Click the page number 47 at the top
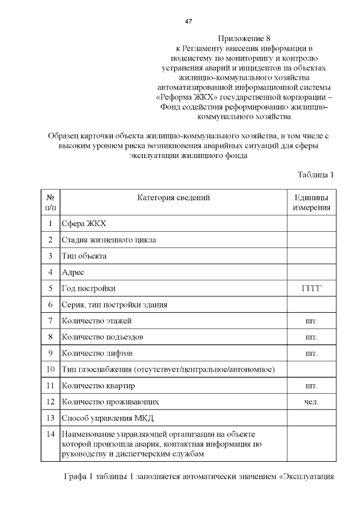click(x=189, y=21)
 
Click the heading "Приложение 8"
click(x=244, y=38)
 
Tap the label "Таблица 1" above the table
click(x=316, y=174)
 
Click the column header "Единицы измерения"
click(x=311, y=202)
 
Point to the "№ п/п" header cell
click(x=50, y=202)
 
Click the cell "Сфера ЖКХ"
click(x=84, y=224)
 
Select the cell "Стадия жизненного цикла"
click(x=109, y=240)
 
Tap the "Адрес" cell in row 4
click(x=73, y=272)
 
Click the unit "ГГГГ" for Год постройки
click(x=311, y=289)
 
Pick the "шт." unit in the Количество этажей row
click(x=311, y=321)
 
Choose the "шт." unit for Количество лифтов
click(x=311, y=354)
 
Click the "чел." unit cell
click(x=311, y=402)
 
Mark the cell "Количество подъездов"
click(x=102, y=337)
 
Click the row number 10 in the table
click(x=50, y=370)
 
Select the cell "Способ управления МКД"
click(x=107, y=418)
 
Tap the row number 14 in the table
click(x=50, y=434)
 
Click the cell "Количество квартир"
click(x=98, y=386)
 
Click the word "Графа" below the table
click(x=76, y=478)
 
